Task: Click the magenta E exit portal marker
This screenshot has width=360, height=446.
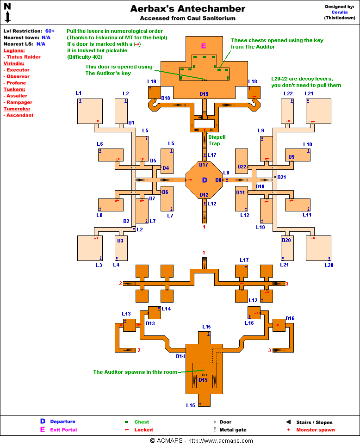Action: coord(203,45)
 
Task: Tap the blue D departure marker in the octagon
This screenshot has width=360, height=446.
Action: coord(205,180)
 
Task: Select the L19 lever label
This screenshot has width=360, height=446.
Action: coord(152,82)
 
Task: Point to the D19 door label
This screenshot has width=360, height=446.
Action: coord(204,94)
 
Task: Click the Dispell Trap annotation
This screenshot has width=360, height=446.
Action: coord(217,140)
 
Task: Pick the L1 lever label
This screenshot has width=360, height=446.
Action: coord(79,93)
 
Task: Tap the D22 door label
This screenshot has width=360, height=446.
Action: coord(242,167)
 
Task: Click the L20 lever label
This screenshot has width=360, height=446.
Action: coord(329,265)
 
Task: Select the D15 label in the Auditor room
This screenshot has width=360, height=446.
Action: coord(203,380)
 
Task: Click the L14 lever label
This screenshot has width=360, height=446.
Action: coord(166,309)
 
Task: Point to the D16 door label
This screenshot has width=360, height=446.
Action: coord(290,318)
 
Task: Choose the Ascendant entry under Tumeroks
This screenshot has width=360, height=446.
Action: coord(20,115)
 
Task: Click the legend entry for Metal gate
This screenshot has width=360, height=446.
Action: coord(233,430)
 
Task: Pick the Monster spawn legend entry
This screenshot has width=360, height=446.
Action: coord(316,430)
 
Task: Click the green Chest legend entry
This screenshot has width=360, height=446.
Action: coord(142,422)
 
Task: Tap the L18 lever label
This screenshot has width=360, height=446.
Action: coord(252,82)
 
